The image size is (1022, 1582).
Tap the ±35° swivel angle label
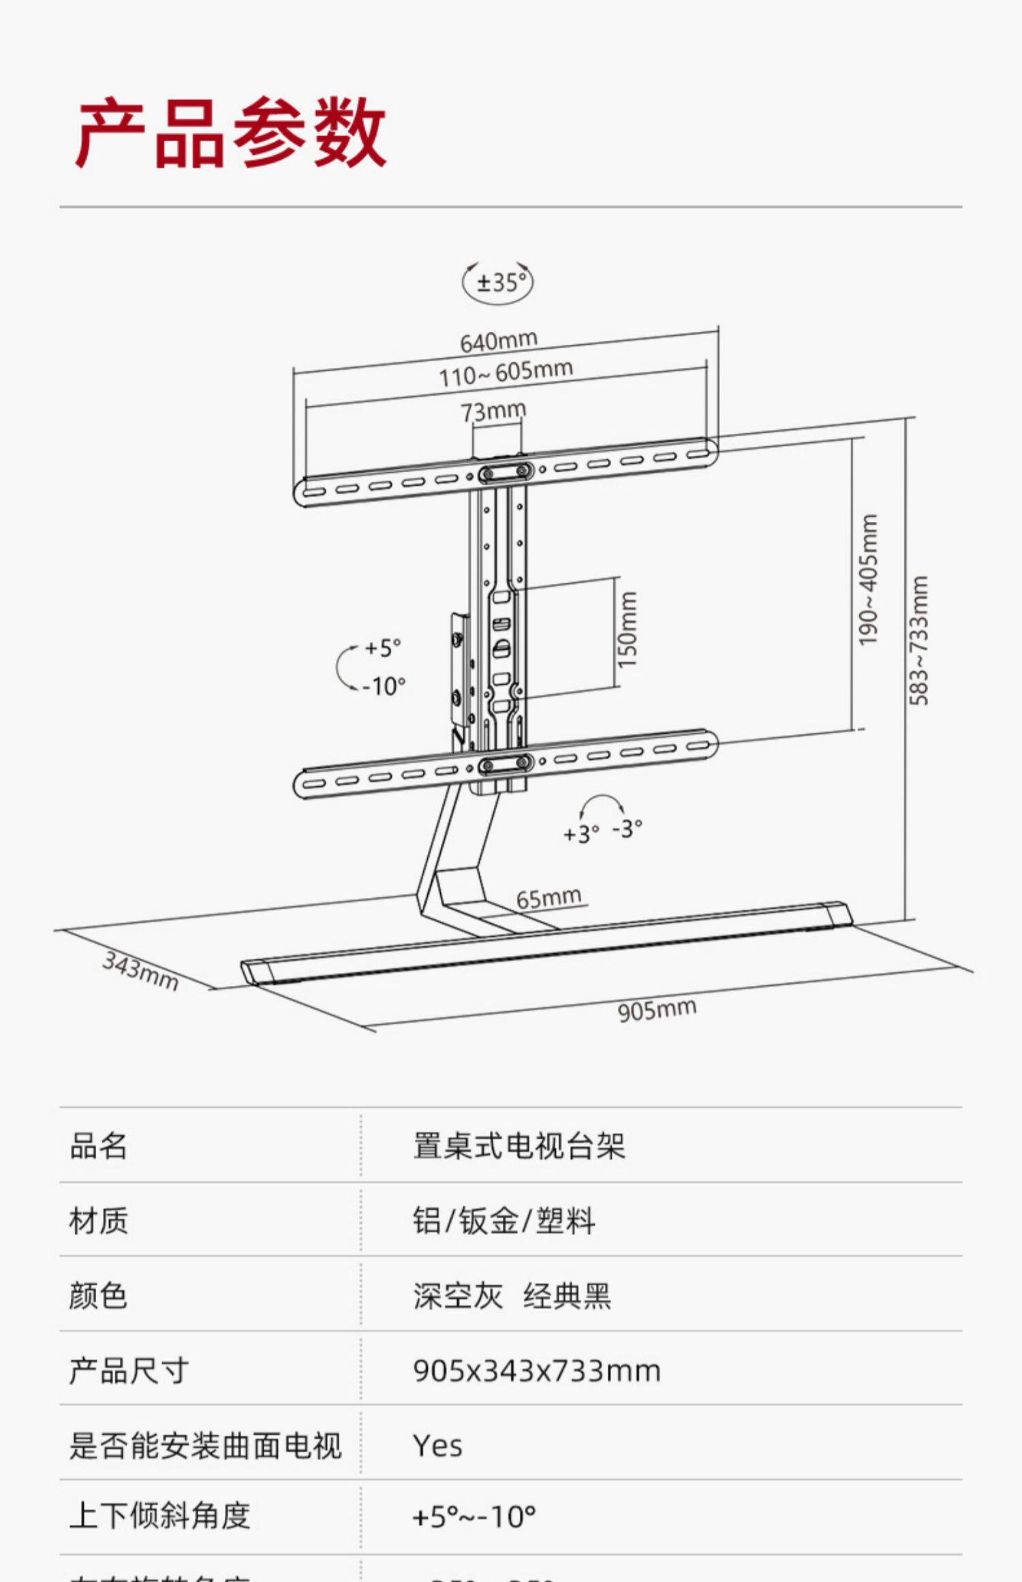(x=501, y=282)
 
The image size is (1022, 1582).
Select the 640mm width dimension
(x=499, y=341)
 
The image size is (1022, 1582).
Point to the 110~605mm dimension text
(x=505, y=373)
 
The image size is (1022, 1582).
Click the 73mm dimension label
(x=493, y=412)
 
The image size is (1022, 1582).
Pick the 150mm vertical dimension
(x=627, y=629)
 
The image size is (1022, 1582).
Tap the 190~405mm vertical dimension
(x=868, y=580)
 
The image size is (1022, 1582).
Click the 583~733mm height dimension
(x=918, y=641)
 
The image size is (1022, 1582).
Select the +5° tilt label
(x=383, y=647)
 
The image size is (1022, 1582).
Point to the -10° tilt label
(x=384, y=686)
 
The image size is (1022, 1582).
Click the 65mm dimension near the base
(x=548, y=898)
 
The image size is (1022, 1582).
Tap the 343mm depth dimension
(x=140, y=971)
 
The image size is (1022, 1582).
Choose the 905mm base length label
(x=657, y=1009)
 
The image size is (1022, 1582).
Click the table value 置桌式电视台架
(x=518, y=1146)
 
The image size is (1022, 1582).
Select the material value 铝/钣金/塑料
(x=504, y=1221)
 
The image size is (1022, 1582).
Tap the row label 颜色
(x=98, y=1295)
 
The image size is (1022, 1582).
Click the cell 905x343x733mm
(x=536, y=1371)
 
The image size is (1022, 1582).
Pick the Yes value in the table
(x=437, y=1446)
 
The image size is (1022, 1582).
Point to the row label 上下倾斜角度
(x=160, y=1516)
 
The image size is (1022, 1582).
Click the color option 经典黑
(x=567, y=1296)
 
